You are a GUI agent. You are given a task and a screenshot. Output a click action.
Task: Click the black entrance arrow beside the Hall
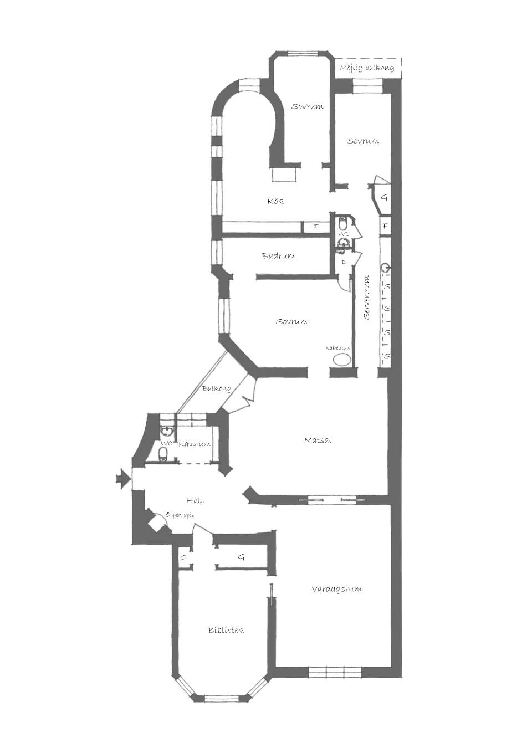pos(123,478)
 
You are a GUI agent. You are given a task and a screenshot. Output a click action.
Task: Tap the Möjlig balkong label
pos(367,68)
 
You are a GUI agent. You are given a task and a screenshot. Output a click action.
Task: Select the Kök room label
pos(275,201)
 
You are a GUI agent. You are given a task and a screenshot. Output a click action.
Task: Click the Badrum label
pos(279,256)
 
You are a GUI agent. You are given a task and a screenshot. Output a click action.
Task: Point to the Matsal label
pos(318,440)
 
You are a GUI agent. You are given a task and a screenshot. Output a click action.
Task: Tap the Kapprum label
pos(195,444)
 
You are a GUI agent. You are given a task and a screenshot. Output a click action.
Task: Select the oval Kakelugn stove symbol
pos(342,360)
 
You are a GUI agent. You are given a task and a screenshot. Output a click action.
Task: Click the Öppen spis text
pos(180,515)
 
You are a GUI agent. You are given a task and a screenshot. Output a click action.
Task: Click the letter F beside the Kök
pos(316,227)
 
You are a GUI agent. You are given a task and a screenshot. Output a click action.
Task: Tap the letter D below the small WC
pos(344,262)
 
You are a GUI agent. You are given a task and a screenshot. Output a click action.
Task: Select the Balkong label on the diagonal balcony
pos(217,389)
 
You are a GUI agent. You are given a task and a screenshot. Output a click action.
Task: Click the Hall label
pos(196,500)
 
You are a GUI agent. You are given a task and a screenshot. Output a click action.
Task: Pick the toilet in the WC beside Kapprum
pos(163,455)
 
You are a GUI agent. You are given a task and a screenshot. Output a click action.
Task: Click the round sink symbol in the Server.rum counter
pos(386,268)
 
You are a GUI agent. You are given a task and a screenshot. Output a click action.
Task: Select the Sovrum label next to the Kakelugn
pos(292,321)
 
